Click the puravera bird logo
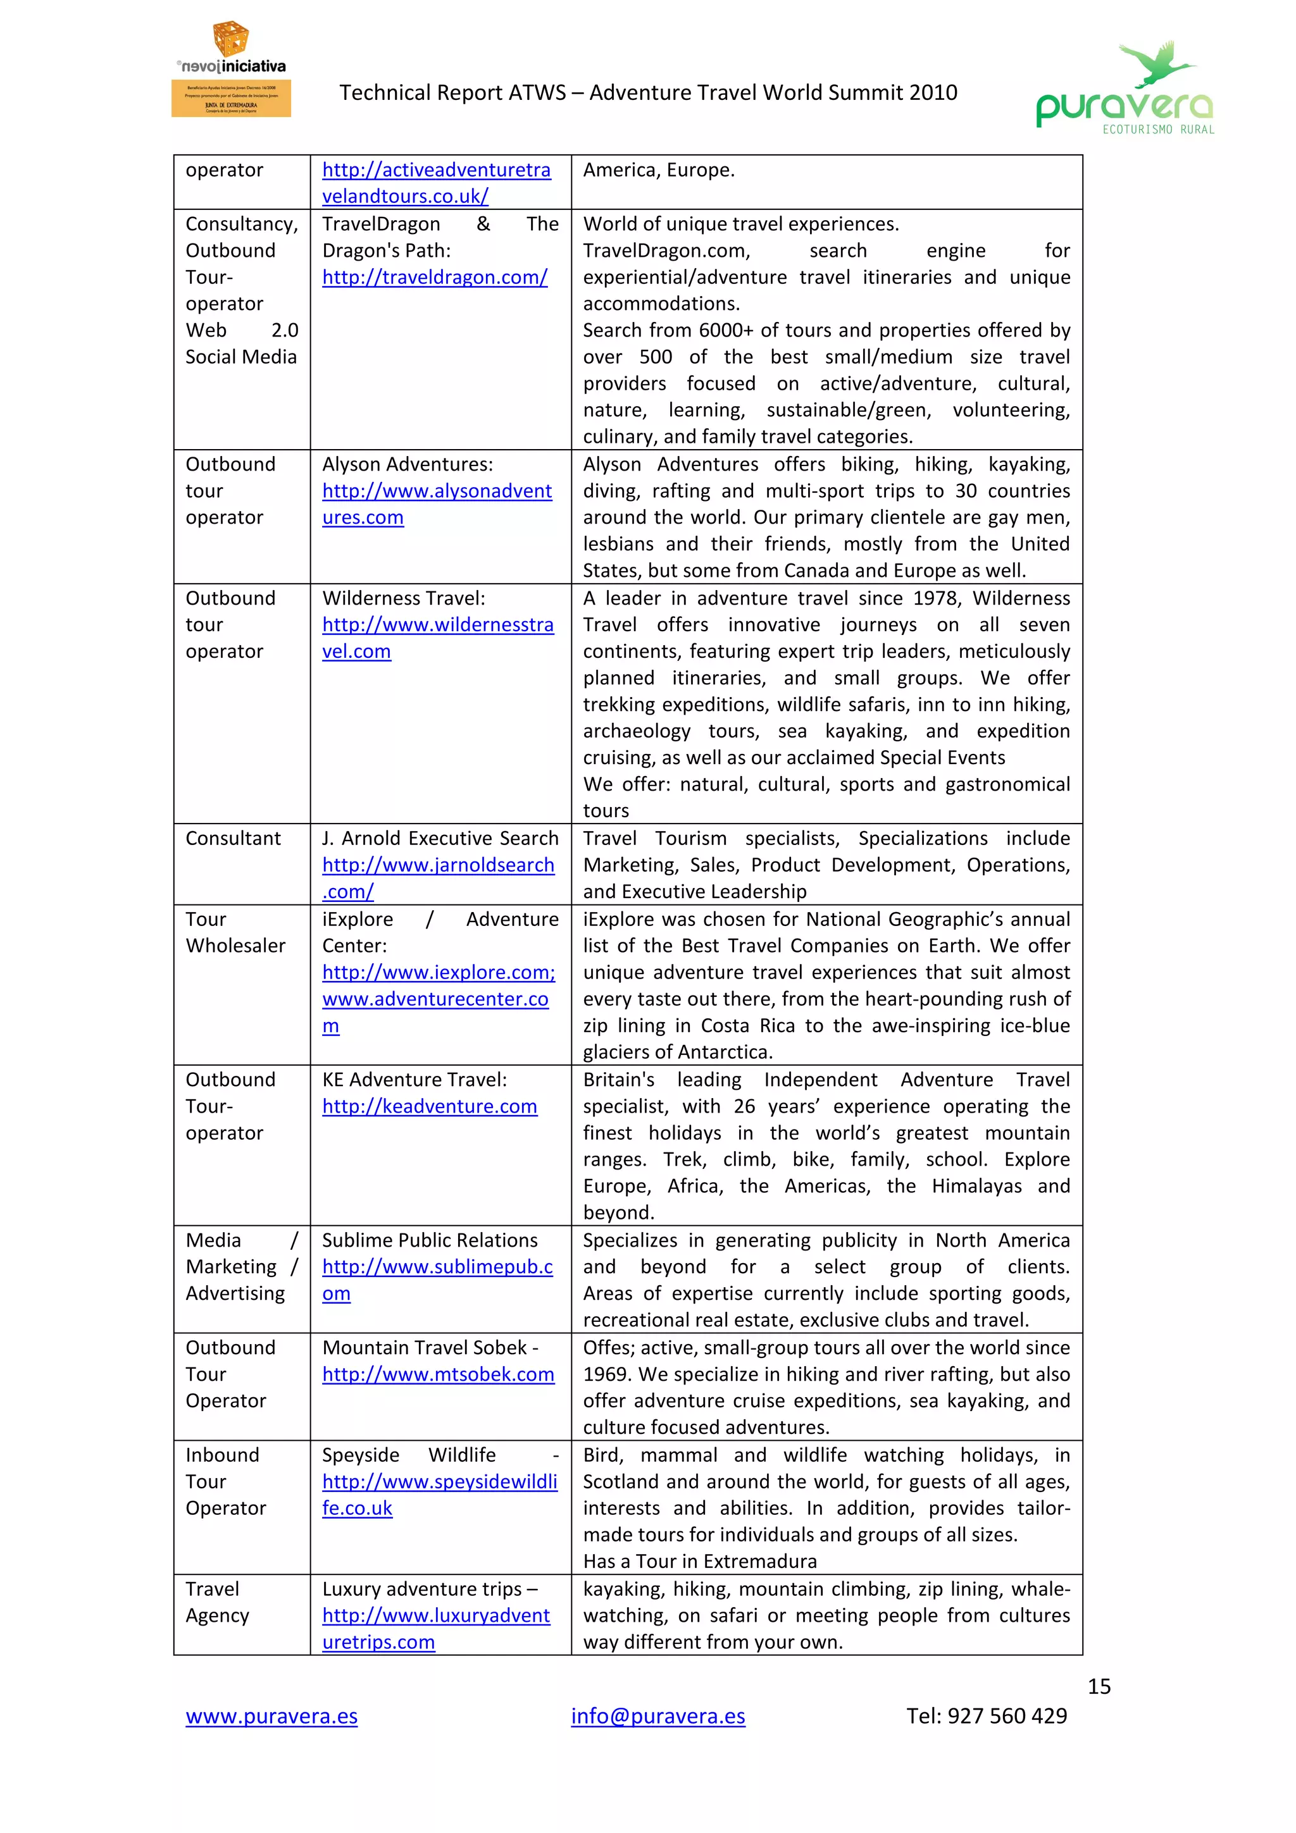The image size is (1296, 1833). (1125, 89)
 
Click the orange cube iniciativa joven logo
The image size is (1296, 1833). (231, 40)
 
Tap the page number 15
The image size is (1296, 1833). (1099, 1686)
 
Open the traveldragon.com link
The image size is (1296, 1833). (434, 277)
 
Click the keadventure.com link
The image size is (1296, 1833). (430, 1106)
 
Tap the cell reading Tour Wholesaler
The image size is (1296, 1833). (235, 932)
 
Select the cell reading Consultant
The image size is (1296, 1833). (233, 838)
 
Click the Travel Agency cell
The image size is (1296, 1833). (217, 1602)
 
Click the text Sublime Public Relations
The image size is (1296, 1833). (430, 1240)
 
